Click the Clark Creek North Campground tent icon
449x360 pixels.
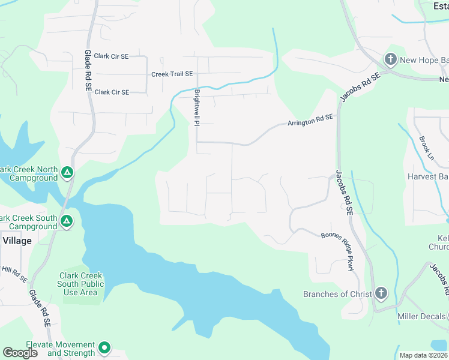(67, 173)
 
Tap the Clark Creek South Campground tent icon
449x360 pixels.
(67, 222)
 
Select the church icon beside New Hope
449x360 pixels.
(390, 59)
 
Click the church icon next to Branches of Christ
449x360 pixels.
(380, 293)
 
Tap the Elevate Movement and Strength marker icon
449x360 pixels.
(104, 348)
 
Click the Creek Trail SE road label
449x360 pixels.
(172, 74)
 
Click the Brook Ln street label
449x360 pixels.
(427, 148)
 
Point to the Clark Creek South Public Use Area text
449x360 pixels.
(81, 284)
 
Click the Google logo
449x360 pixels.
(20, 353)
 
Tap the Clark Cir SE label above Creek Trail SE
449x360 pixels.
(112, 56)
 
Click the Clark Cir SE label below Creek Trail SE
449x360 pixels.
(112, 92)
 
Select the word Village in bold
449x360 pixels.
(17, 241)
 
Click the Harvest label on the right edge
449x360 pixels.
(427, 177)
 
